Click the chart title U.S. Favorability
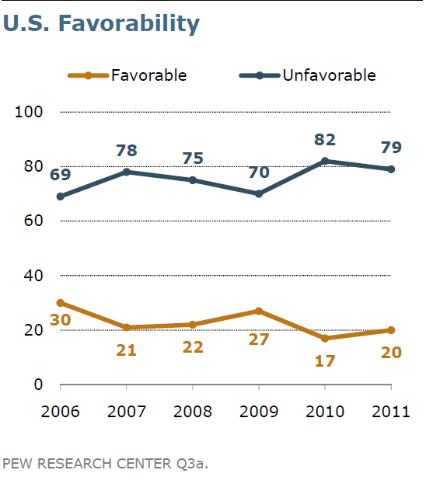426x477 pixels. click(101, 23)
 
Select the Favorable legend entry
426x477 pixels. click(127, 75)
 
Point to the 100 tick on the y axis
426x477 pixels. click(28, 112)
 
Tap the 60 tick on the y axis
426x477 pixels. click(32, 221)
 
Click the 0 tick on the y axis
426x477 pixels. click(37, 385)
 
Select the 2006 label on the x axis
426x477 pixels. click(60, 412)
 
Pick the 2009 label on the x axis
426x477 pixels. click(259, 412)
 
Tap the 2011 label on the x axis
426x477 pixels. click(391, 412)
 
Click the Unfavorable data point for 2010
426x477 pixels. click(325, 161)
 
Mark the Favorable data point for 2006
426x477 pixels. click(60, 303)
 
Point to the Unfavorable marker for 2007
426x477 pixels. click(126, 172)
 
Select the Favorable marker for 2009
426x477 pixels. click(259, 311)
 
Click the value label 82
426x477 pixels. click(325, 140)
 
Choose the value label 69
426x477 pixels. click(60, 175)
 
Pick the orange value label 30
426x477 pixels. click(60, 321)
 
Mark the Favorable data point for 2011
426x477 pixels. click(391, 330)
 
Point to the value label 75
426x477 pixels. click(193, 158)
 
